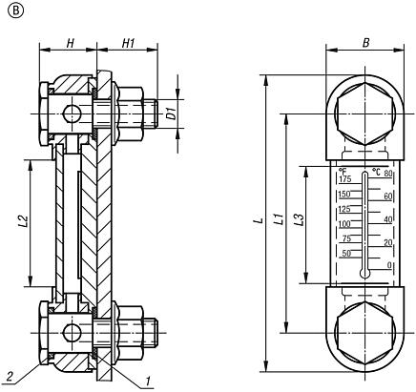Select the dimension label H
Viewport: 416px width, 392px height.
click(71, 43)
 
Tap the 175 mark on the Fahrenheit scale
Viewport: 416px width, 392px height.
click(344, 179)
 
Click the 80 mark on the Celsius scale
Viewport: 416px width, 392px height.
click(388, 173)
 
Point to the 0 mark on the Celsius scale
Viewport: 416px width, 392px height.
click(388, 264)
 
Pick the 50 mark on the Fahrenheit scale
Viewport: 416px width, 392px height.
click(346, 254)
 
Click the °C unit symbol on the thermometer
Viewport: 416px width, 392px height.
click(376, 172)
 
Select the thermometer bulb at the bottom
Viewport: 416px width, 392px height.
click(364, 272)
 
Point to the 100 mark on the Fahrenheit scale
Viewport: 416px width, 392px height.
click(344, 224)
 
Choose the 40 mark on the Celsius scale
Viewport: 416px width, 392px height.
click(388, 218)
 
